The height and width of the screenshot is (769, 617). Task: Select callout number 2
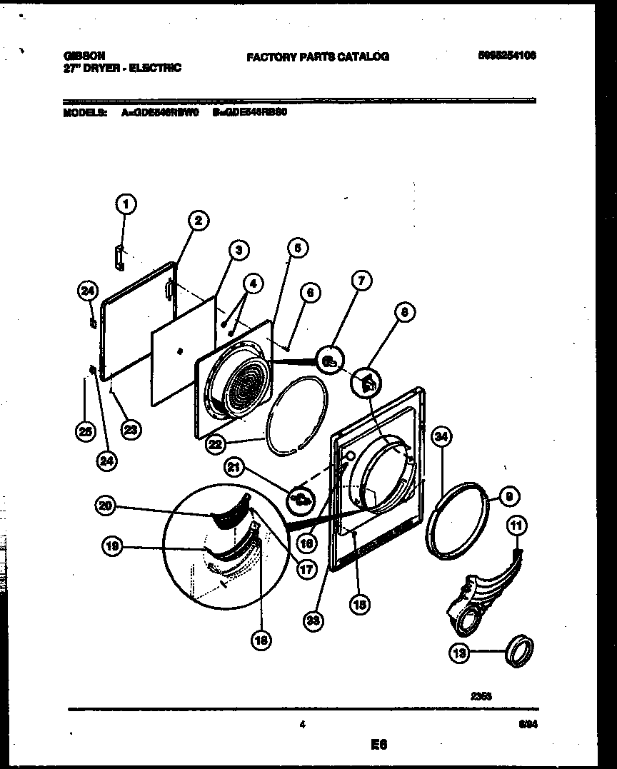coord(198,221)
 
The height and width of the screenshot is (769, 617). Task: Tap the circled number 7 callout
coord(361,281)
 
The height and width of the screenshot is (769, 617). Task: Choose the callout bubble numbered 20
coord(106,506)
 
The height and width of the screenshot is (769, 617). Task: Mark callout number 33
coord(311,621)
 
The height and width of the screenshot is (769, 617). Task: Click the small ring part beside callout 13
coord(518,650)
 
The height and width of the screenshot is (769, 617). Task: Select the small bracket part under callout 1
coord(121,257)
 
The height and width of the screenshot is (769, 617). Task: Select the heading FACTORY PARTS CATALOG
coord(318,56)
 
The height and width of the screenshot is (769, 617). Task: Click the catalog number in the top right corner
coord(507,55)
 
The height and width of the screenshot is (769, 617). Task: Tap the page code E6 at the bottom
coord(378,745)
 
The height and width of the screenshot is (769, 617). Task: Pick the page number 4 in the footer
coord(303,725)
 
